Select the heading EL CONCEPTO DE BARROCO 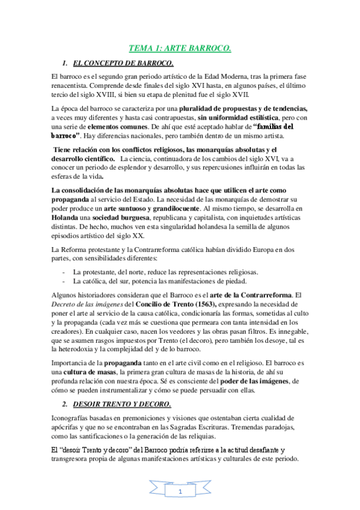pyautogui.click(x=123, y=63)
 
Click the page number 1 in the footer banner pyautogui.click(x=180, y=492)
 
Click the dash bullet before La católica pyautogui.click(x=64, y=280)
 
